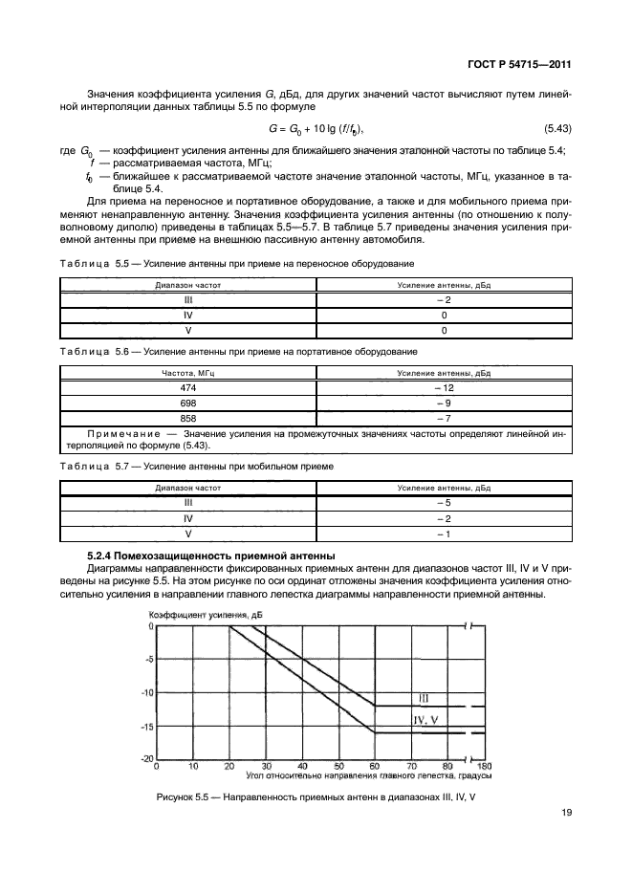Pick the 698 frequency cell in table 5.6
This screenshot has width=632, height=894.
click(x=187, y=403)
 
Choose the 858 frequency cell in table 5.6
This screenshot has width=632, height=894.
click(x=187, y=418)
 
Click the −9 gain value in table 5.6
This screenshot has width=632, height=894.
click(x=443, y=403)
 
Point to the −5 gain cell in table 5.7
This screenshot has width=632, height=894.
click(x=443, y=502)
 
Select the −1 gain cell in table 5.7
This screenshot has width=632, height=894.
click(x=443, y=533)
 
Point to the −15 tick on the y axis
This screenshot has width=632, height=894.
click(x=147, y=726)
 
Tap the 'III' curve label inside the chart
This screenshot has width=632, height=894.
click(x=424, y=697)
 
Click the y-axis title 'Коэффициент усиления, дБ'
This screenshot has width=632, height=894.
click(x=204, y=615)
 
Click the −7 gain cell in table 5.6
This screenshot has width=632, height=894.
click(x=443, y=418)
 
